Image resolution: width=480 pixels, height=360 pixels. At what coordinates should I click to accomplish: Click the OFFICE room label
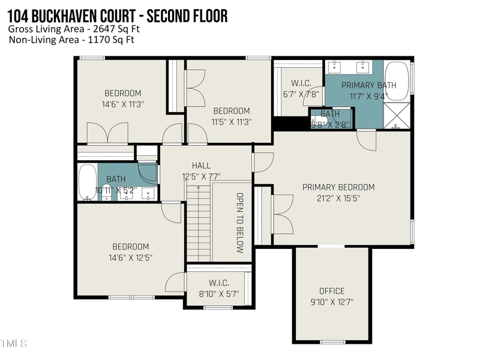(332, 291)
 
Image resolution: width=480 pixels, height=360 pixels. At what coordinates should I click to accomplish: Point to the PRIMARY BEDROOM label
(338, 187)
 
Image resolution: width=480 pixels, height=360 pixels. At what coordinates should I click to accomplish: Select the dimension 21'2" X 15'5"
(338, 198)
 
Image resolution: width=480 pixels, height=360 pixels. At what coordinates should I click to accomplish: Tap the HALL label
(201, 166)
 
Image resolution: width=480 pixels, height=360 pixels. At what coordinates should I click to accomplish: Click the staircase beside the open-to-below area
(198, 222)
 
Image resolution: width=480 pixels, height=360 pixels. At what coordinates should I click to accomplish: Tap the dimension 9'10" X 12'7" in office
(332, 302)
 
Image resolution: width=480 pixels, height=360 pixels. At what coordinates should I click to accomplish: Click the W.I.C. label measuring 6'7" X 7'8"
(299, 83)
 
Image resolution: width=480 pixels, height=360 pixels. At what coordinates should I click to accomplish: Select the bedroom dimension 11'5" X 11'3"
(231, 121)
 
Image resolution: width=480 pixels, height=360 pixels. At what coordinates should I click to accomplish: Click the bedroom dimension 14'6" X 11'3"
(123, 104)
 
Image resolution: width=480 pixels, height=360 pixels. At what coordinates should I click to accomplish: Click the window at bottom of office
(332, 342)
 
